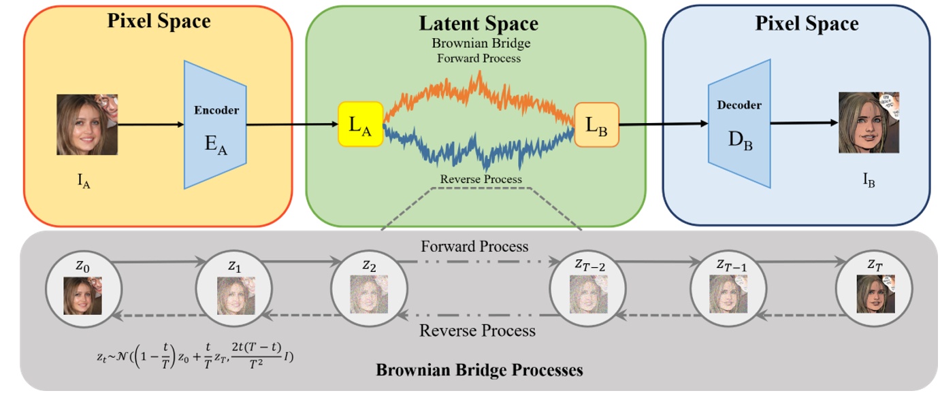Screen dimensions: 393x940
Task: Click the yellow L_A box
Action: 361,124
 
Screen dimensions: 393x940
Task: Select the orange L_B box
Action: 597,124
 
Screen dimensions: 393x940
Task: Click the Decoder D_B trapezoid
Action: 739,124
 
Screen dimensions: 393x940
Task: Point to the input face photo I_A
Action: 87,124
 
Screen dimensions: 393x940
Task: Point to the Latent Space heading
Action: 479,24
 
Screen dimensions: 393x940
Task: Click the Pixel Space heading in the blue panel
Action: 807,24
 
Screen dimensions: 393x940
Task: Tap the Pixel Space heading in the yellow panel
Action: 159,20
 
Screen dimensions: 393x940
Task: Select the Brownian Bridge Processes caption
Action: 479,371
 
